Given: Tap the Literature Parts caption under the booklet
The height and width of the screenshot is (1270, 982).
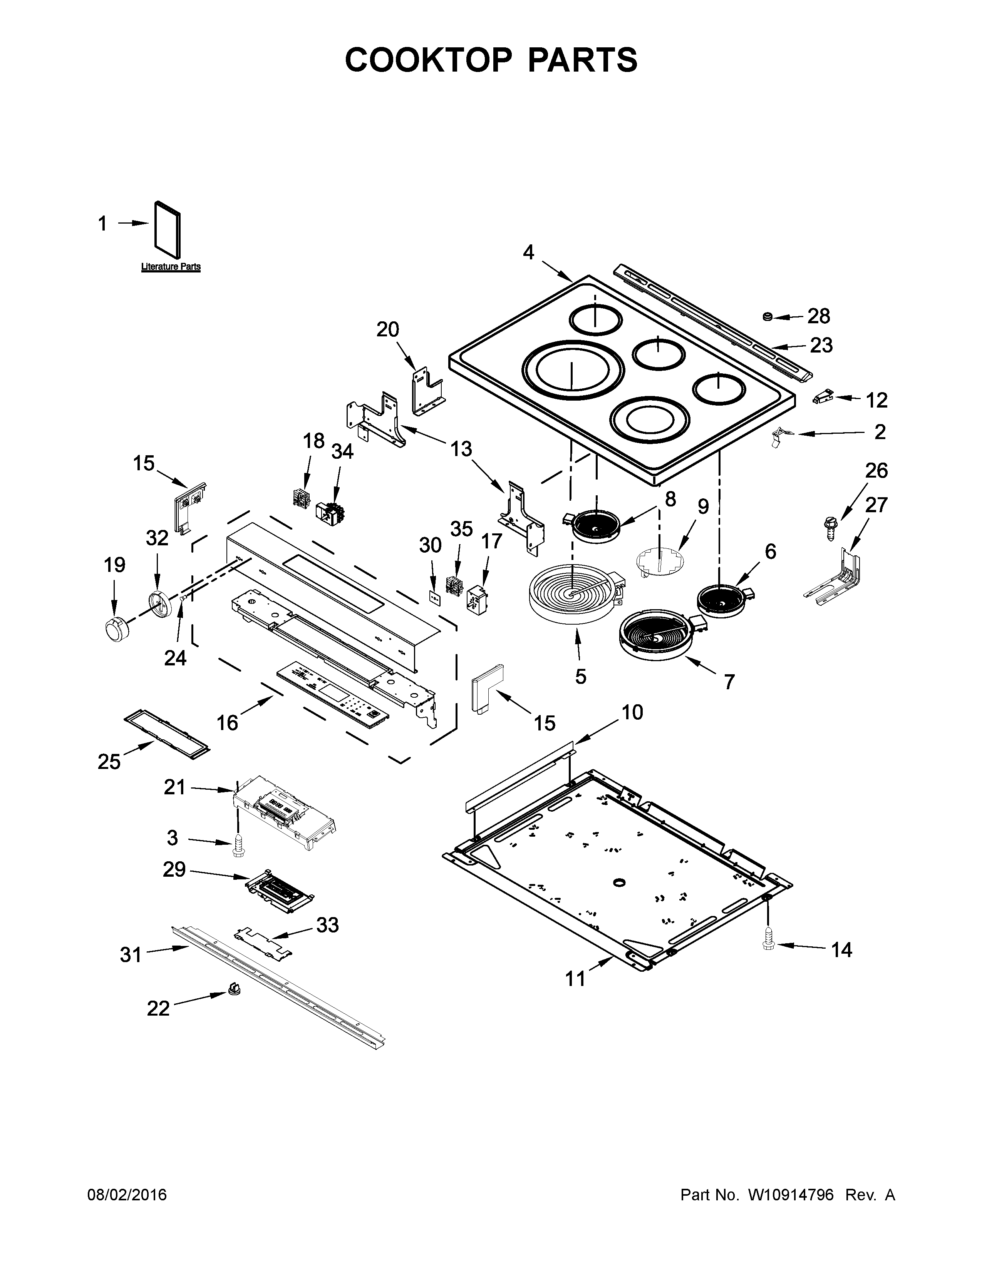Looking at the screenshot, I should (x=171, y=267).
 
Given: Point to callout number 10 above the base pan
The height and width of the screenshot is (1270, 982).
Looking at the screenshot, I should (x=632, y=712).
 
